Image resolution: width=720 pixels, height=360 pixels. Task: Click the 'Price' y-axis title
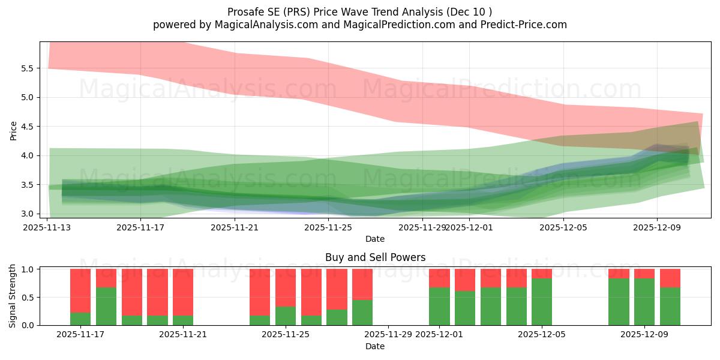click(x=13, y=130)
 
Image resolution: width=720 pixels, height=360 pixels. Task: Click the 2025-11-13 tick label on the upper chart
click(x=47, y=227)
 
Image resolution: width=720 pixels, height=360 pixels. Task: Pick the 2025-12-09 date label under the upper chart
click(x=657, y=227)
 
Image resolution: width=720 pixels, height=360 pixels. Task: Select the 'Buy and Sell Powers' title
click(x=375, y=257)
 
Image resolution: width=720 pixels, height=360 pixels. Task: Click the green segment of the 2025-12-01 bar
click(x=439, y=307)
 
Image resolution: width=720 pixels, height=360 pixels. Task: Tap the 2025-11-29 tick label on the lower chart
click(x=388, y=335)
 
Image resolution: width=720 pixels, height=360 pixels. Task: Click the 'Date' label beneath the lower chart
click(x=375, y=346)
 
